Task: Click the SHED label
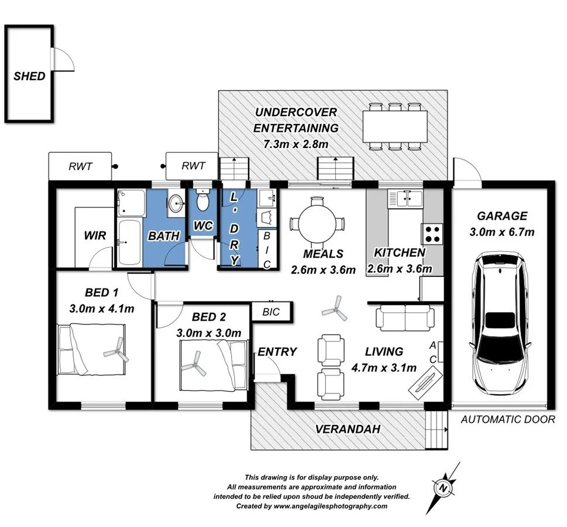pos(29,76)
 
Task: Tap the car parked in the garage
pos(501,322)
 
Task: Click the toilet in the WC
pos(203,201)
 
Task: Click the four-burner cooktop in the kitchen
pos(433,234)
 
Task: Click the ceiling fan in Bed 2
pos(195,364)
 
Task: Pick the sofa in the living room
pos(405,318)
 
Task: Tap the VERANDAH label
pos(348,429)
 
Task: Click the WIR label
pos(94,236)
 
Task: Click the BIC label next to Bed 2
pos(270,312)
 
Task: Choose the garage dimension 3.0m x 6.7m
pos(501,232)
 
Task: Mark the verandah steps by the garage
pos(435,429)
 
